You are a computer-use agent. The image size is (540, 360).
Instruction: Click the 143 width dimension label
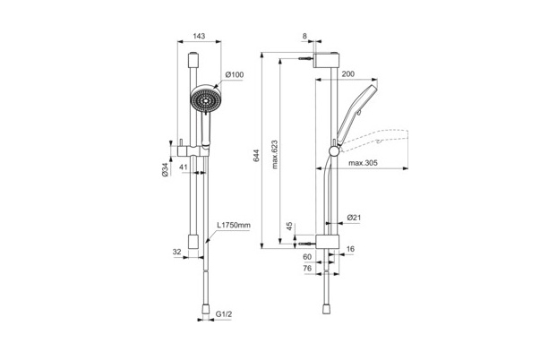point(199,36)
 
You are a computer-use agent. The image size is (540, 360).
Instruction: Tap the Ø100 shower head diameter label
point(235,74)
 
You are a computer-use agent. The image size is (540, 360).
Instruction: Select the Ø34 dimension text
point(166,169)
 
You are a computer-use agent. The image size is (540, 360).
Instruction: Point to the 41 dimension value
point(184,167)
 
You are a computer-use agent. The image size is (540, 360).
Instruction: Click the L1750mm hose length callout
point(234,226)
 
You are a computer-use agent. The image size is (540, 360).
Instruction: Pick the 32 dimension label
point(176,252)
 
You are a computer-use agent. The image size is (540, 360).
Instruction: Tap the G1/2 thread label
point(224,314)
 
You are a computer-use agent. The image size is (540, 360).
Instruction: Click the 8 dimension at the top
point(304,36)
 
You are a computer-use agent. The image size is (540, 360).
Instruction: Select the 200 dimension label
point(348,73)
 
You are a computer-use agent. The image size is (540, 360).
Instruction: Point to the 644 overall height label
point(257,156)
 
